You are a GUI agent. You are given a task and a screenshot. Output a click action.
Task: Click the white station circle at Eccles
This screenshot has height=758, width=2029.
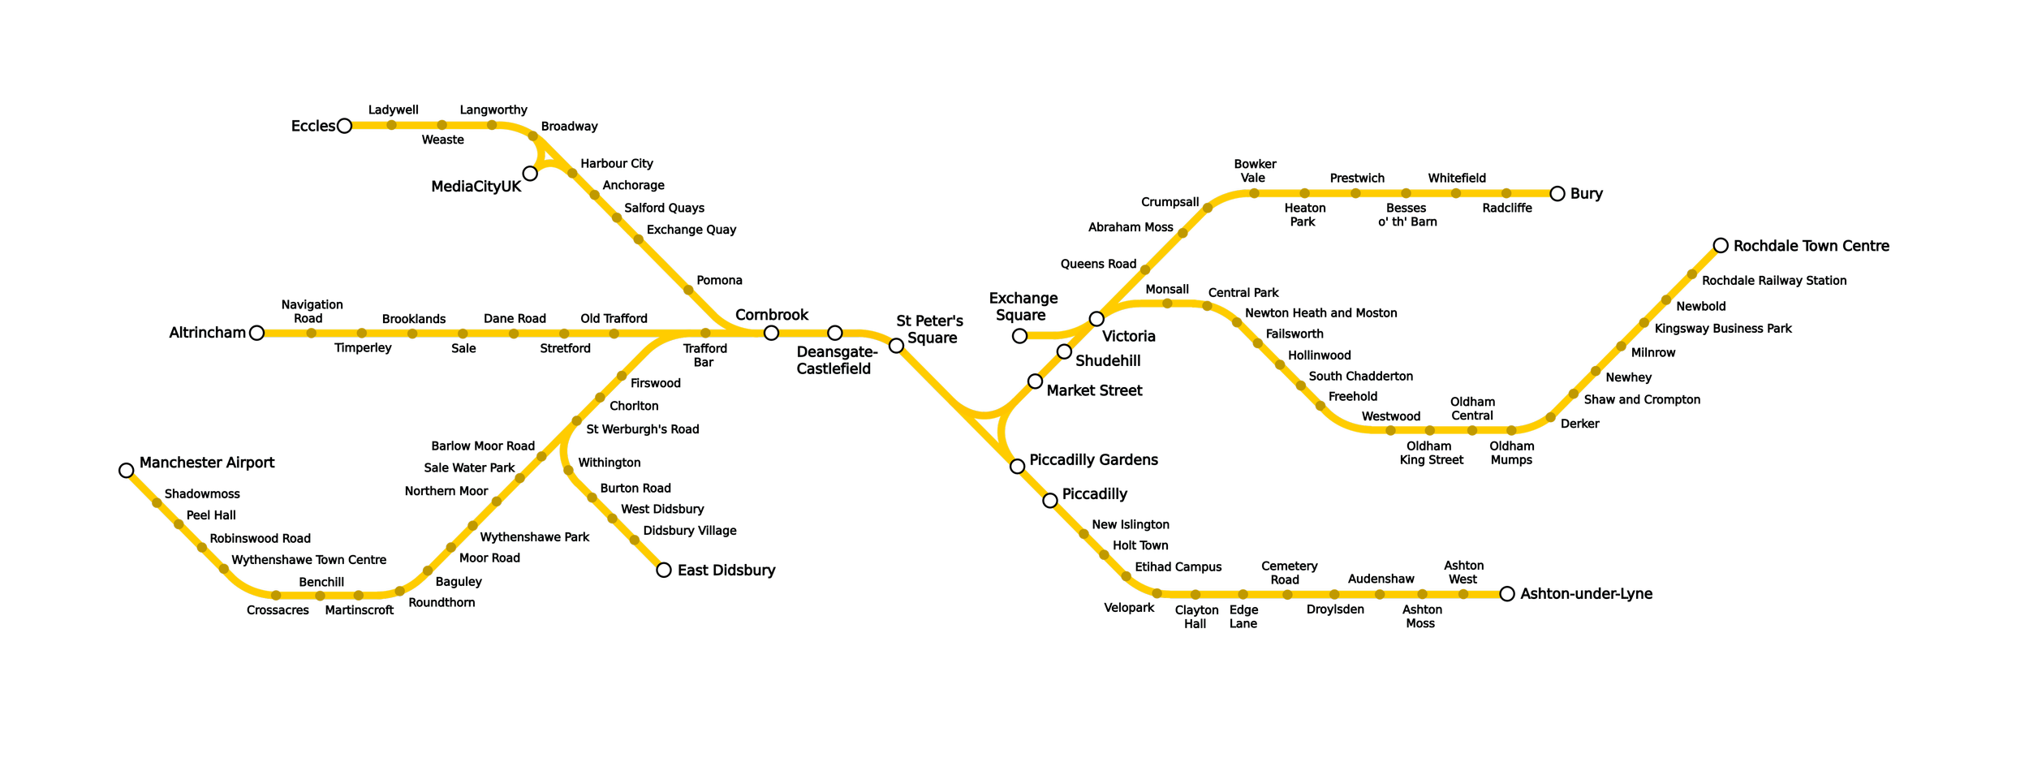344,126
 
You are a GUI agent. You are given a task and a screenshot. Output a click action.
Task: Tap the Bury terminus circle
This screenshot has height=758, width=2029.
1557,193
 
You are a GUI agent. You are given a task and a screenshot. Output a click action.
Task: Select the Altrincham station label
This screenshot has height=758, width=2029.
207,333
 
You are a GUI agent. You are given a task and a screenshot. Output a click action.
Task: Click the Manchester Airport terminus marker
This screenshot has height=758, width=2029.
126,471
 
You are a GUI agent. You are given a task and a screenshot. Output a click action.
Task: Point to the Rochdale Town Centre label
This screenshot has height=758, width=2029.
1811,246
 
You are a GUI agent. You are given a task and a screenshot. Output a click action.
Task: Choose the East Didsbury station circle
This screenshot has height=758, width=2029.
664,570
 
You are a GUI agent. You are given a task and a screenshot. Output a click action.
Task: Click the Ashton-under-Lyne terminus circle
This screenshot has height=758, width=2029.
1507,594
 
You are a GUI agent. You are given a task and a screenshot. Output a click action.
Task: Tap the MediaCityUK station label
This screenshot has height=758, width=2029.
476,187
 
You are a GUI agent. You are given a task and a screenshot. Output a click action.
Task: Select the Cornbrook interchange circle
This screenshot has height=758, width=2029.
771,333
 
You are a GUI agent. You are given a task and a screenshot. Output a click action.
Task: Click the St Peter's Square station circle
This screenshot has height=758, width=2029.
896,346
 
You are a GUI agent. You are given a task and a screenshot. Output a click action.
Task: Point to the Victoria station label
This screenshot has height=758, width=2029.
1128,336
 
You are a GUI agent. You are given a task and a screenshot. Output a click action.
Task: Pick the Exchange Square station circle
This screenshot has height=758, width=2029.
1019,335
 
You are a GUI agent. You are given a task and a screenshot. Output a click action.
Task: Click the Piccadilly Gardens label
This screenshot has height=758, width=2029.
1093,460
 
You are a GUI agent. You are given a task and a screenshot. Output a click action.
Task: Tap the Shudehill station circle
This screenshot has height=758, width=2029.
1064,351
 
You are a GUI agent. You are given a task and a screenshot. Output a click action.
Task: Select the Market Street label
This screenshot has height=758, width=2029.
1094,390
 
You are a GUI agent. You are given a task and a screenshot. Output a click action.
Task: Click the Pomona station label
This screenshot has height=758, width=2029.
719,281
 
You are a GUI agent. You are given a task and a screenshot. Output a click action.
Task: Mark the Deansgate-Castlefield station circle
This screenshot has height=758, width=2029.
834,333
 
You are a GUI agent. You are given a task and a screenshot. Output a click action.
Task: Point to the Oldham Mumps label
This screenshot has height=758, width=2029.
1511,453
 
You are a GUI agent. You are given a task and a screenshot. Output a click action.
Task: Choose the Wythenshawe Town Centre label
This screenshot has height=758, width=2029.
308,560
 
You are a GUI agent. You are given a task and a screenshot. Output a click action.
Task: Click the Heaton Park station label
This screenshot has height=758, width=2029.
1304,215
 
